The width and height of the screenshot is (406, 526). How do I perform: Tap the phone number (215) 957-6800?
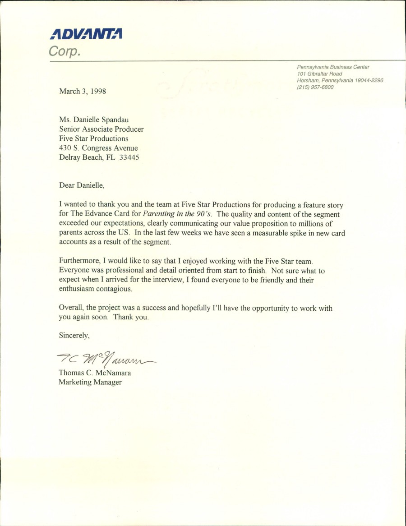pos(315,88)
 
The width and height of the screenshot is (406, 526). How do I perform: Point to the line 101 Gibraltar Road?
pos(319,74)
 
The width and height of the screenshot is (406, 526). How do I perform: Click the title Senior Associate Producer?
pos(101,129)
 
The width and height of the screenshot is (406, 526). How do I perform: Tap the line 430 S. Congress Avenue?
pos(98,148)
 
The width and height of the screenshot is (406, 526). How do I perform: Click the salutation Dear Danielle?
pos(82,185)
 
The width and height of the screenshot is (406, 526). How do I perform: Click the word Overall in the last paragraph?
pos(71,308)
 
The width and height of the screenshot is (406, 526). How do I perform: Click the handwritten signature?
pos(106,359)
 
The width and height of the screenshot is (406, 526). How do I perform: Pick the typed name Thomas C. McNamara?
pos(95,373)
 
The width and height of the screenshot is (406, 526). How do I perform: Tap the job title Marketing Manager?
pos(90,383)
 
